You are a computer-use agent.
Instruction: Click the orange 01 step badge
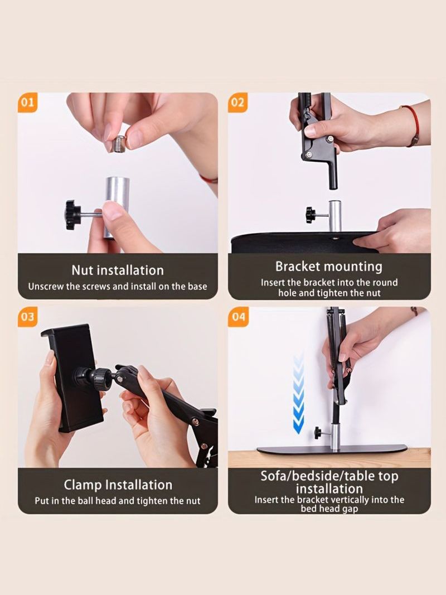(27, 103)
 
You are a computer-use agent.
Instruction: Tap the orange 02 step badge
(237, 103)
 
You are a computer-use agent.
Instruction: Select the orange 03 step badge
(27, 317)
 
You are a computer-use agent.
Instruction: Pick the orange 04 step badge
(238, 317)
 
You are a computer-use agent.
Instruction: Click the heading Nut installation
(118, 270)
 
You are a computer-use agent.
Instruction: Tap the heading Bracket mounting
(329, 267)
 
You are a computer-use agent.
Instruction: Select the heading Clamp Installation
(118, 485)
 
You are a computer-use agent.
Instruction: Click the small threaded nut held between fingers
(120, 143)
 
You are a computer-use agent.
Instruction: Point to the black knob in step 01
(73, 215)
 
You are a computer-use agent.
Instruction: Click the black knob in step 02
(311, 215)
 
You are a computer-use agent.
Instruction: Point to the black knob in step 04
(317, 433)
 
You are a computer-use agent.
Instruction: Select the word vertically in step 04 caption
(351, 500)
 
